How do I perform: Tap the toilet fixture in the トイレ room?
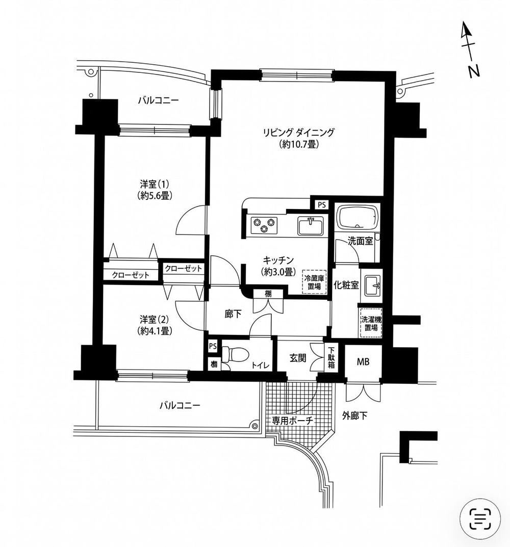point(235,354)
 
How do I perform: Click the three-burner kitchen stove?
point(264,225)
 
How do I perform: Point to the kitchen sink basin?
point(311,226)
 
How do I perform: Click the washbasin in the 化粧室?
point(373,285)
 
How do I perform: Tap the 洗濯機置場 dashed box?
point(371,323)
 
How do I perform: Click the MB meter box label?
point(363,362)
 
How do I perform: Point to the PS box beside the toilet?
point(212,347)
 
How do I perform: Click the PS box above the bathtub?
point(321,205)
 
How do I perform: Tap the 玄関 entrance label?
point(298,358)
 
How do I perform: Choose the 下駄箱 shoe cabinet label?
point(331,358)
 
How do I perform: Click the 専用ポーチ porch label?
point(293,421)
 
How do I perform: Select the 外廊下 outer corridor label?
point(354,415)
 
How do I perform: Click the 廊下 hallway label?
point(233,314)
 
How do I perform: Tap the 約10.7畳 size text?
point(298,144)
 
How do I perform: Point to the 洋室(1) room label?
point(155,184)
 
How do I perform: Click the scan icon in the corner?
point(480,518)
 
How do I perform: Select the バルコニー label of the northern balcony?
point(158,100)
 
